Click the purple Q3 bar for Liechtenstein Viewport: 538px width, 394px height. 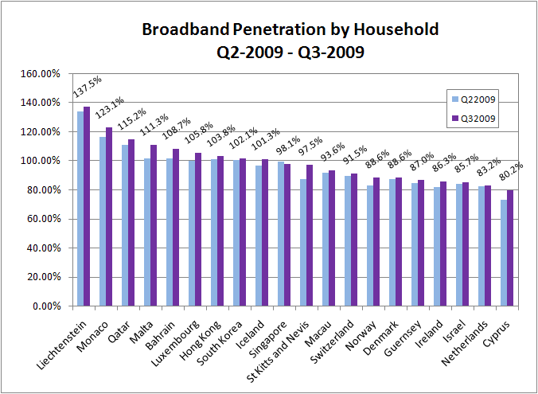87,206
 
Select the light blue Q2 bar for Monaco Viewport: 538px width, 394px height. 103,221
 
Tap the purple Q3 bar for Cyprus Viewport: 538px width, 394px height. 510,248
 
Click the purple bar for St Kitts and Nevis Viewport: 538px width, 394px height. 310,235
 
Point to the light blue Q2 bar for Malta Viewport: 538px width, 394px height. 147,232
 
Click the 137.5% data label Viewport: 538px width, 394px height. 88,87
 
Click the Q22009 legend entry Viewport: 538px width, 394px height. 474,99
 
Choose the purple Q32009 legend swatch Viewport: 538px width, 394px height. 455,119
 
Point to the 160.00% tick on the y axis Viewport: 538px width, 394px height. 41,74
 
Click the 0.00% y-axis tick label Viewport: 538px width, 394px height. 46,306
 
